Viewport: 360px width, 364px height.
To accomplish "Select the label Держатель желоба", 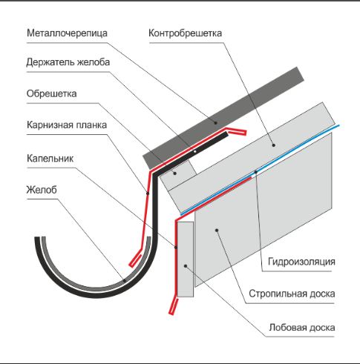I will [68, 63].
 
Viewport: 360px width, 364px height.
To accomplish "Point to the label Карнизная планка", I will [67, 125].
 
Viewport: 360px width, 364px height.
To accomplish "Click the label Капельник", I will [50, 158].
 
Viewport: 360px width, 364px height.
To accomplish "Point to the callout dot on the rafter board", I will [217, 231].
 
